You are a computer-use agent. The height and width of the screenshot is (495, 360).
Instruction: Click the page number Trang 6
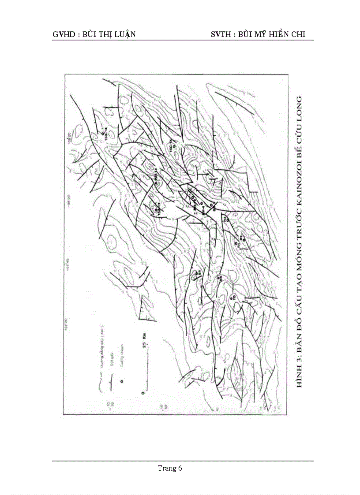[x=170, y=468]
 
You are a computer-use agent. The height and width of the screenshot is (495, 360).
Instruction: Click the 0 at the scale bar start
[x=143, y=391]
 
